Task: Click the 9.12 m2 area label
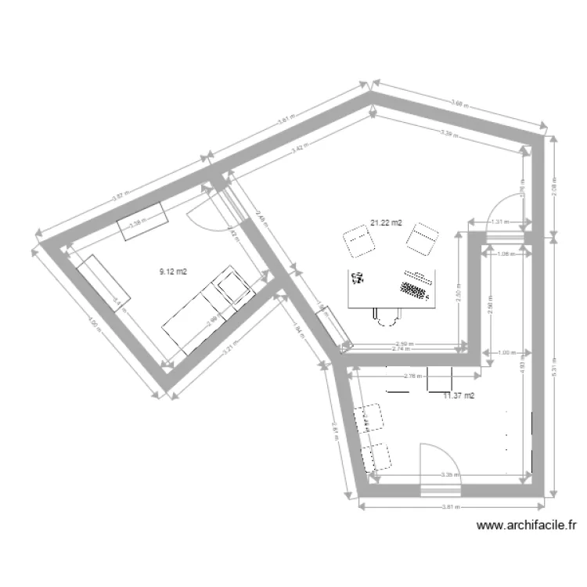pyautogui.click(x=173, y=272)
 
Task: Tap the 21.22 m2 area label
pyautogui.click(x=386, y=223)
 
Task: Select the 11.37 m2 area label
pyautogui.click(x=459, y=396)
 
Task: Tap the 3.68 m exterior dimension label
pyautogui.click(x=462, y=102)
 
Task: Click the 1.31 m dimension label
pyautogui.click(x=499, y=221)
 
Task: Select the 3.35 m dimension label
pyautogui.click(x=449, y=474)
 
